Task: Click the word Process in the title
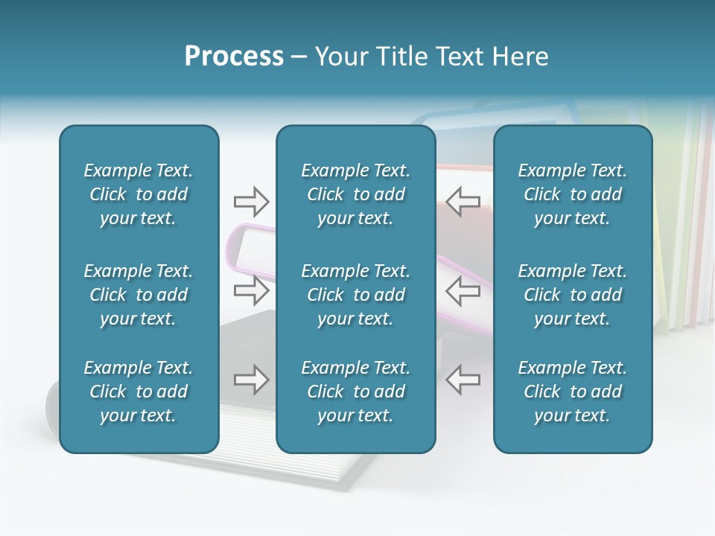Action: (234, 57)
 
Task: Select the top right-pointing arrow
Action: (251, 201)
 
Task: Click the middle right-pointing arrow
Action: (251, 290)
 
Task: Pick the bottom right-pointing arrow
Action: (251, 380)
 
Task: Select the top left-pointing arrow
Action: (463, 201)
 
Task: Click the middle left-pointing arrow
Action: (463, 290)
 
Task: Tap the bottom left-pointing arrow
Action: (463, 380)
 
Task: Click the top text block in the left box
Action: (139, 194)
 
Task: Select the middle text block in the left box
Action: (139, 295)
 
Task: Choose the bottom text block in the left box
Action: (139, 392)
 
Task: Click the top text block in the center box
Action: (355, 194)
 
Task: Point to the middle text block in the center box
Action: (355, 295)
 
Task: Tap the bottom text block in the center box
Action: (355, 392)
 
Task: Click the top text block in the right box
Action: (572, 194)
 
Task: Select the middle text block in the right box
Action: (572, 295)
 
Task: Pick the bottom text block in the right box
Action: (572, 392)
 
